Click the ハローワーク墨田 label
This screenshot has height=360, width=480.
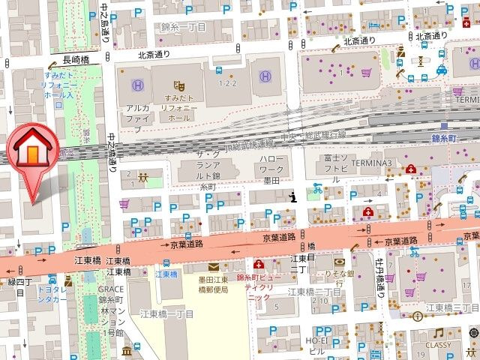(271, 169)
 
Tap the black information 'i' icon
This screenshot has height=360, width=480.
(293, 196)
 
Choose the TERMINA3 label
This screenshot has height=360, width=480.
(367, 163)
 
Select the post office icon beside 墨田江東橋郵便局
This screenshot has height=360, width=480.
(213, 266)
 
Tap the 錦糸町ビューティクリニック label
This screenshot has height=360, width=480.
(258, 286)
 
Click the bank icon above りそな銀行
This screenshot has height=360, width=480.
(339, 262)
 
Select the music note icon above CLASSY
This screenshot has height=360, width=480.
(439, 333)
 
